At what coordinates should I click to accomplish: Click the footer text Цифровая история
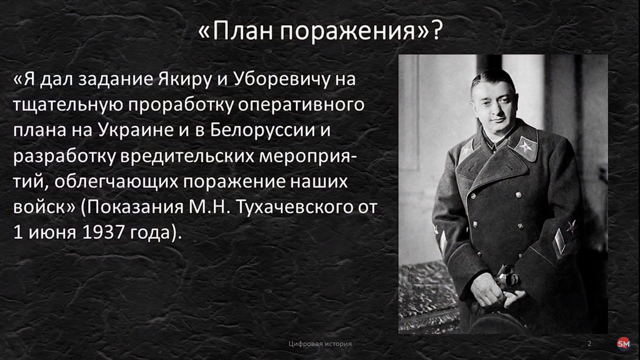[x=320, y=344]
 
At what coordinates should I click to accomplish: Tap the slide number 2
[x=589, y=344]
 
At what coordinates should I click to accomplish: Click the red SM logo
[x=623, y=344]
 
